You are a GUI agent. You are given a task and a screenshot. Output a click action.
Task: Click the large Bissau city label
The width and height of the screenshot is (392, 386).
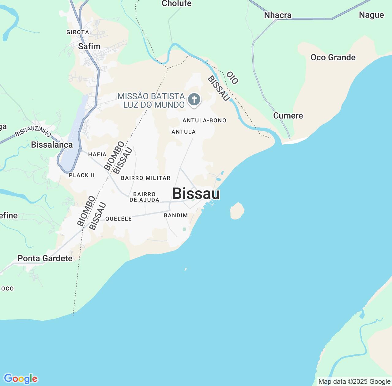[196, 194]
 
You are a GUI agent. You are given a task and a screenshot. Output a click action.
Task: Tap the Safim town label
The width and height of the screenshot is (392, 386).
[89, 46]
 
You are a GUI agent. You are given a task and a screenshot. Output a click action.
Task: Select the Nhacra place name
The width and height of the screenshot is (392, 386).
[278, 15]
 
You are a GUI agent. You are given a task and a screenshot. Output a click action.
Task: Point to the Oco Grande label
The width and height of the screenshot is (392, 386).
[333, 57]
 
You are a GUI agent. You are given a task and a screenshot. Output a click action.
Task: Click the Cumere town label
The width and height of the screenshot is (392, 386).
[288, 115]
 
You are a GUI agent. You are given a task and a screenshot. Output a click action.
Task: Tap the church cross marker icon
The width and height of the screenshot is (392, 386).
[194, 99]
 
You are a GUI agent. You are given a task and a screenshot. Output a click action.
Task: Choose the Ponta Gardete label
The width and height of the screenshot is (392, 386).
[45, 258]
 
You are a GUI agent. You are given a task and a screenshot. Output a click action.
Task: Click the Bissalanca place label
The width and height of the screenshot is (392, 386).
[52, 145]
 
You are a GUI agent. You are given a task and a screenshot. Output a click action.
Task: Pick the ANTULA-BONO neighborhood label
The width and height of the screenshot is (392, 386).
[204, 120]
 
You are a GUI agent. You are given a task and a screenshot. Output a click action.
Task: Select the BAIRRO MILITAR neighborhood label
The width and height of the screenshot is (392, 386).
[146, 178]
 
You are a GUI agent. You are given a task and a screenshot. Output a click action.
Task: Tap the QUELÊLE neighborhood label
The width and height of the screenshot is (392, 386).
[119, 219]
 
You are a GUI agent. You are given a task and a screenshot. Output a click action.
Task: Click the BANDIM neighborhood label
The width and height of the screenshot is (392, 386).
[176, 215]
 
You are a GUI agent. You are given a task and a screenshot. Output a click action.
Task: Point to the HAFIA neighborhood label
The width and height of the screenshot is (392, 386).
[97, 154]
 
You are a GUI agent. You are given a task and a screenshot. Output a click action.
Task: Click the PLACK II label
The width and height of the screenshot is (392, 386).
[82, 175]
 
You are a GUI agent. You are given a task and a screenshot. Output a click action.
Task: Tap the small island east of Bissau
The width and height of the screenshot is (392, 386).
[237, 211]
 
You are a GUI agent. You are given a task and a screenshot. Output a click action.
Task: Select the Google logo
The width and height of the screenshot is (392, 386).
[21, 379]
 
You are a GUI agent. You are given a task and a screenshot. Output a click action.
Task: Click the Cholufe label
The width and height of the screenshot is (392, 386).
[177, 3]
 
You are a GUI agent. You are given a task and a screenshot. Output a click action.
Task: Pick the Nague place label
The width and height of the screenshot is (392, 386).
[371, 15]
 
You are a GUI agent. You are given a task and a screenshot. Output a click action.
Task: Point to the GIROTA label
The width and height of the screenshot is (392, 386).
[78, 32]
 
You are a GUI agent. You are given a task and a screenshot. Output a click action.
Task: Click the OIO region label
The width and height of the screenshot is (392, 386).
[232, 78]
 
